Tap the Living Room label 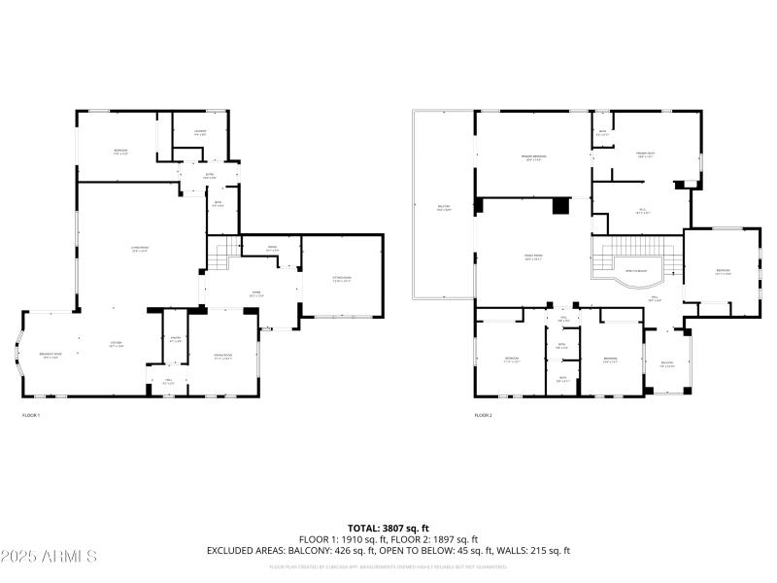click(141, 249)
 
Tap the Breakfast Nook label click(50, 357)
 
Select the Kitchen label click(115, 345)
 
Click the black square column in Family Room click(559, 206)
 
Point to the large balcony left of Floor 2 click(443, 207)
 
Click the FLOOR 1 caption click(31, 415)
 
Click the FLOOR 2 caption click(484, 415)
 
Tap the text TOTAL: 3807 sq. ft click(388, 529)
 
